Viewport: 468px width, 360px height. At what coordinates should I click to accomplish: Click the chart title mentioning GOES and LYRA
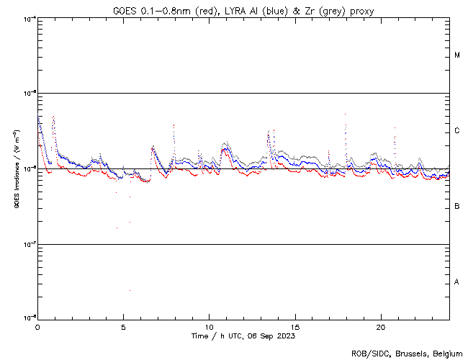pyautogui.click(x=243, y=11)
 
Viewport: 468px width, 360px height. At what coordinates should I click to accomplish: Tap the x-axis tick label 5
pyautogui.click(x=123, y=326)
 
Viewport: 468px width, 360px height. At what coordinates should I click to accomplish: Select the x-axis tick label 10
pyautogui.click(x=209, y=326)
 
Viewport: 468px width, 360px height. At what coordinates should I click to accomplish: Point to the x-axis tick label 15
pyautogui.click(x=295, y=326)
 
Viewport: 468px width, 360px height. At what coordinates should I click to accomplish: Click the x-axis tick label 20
pyautogui.click(x=381, y=326)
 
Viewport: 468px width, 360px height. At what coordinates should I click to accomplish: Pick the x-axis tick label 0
pyautogui.click(x=37, y=326)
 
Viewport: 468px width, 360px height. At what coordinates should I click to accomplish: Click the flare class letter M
pyautogui.click(x=457, y=55)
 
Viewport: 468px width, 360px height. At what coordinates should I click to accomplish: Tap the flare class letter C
pyautogui.click(x=457, y=131)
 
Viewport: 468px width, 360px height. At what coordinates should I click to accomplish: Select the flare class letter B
pyautogui.click(x=457, y=207)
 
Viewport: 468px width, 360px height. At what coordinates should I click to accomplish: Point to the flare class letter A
pyautogui.click(x=457, y=282)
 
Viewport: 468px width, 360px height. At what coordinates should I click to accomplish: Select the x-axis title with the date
pyautogui.click(x=243, y=336)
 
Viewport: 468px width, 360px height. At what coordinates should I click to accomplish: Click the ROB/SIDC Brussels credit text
pyautogui.click(x=408, y=353)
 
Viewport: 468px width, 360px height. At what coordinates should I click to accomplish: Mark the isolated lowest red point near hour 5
pyautogui.click(x=130, y=290)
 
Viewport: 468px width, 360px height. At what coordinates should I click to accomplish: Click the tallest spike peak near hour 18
pyautogui.click(x=346, y=114)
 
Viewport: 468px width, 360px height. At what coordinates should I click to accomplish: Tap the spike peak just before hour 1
pyautogui.click(x=53, y=116)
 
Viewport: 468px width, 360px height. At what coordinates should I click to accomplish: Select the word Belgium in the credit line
pyautogui.click(x=448, y=353)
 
